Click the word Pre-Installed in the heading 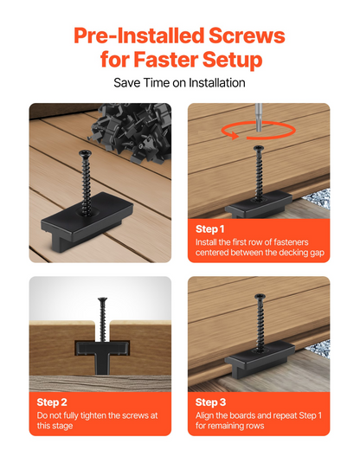click(x=139, y=35)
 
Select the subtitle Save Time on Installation click(x=179, y=83)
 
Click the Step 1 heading click(x=209, y=229)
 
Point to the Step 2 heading click(x=52, y=402)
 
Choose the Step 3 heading click(x=210, y=402)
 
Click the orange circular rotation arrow click(x=258, y=131)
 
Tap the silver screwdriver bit click(x=259, y=117)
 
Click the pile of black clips click(x=132, y=132)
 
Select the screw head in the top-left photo click(x=85, y=153)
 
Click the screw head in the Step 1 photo click(x=259, y=149)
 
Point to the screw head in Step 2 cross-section click(x=102, y=299)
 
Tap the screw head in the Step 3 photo click(x=260, y=296)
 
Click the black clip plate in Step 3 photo click(x=260, y=358)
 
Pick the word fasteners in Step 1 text click(x=291, y=242)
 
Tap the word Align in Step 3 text click(x=204, y=415)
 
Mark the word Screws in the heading click(x=247, y=35)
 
